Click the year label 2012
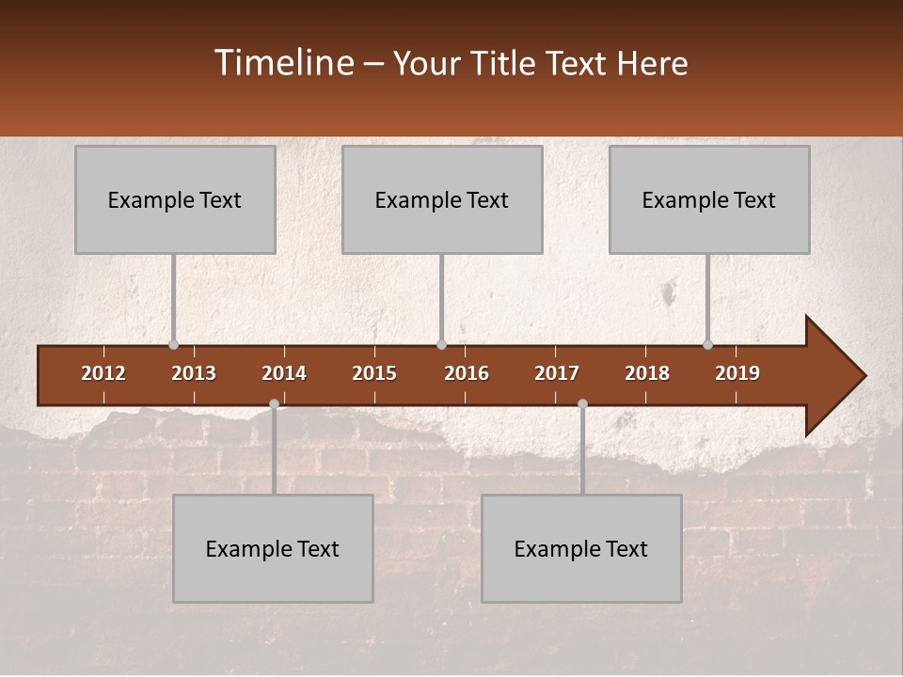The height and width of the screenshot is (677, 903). (x=103, y=373)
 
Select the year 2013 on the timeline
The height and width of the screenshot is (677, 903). (x=194, y=373)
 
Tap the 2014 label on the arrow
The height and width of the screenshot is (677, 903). (x=284, y=373)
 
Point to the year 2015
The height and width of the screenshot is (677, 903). (x=374, y=373)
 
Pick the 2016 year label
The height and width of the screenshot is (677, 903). (x=467, y=373)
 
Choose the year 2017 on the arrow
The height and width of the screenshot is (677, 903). (x=557, y=373)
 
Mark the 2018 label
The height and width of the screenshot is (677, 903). (x=647, y=373)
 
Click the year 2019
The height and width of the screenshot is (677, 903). (x=737, y=373)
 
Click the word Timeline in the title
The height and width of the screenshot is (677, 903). (x=283, y=63)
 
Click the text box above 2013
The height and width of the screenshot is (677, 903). (x=175, y=199)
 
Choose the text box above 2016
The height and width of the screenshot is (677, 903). (x=442, y=199)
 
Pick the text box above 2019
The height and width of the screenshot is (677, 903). (x=709, y=199)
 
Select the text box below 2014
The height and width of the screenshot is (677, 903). (x=273, y=548)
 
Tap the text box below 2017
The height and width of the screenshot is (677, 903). (x=581, y=548)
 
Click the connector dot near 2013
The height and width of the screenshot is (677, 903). (x=173, y=344)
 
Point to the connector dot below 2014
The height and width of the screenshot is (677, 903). (x=274, y=403)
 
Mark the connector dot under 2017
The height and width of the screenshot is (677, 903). (x=582, y=403)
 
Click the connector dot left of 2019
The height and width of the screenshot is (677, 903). (x=707, y=344)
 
